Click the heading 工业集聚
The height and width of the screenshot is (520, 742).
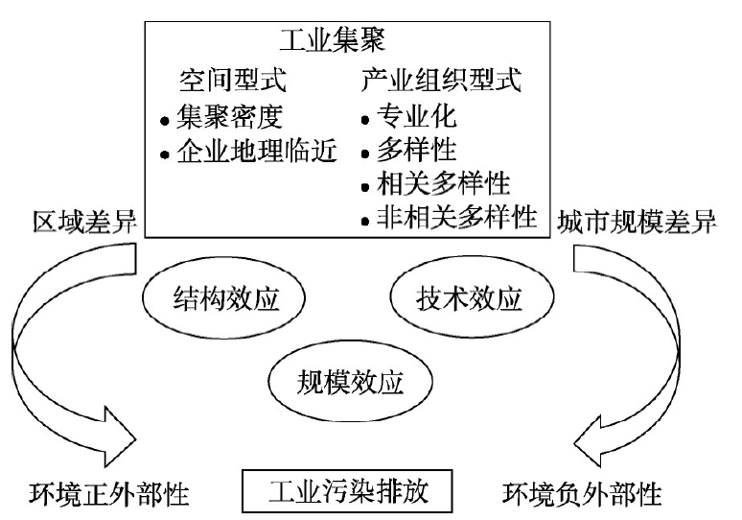point(333,39)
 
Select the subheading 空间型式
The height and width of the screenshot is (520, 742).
point(233,80)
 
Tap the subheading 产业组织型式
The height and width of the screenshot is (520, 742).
point(441,80)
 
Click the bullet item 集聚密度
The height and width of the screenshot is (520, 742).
point(229,116)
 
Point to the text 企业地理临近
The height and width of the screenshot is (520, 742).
point(257,151)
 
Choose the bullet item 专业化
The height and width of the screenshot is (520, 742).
point(417,115)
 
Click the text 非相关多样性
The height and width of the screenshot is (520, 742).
point(457,217)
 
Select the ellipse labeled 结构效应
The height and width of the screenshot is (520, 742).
point(223,297)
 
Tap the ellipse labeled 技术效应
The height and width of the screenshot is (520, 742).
point(472,297)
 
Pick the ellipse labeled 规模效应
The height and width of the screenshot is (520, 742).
point(350,381)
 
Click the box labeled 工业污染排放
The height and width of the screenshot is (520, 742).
point(347,491)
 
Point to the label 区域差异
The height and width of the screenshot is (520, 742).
point(85,222)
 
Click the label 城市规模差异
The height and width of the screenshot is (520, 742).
point(637,222)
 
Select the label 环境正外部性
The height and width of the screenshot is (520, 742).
point(109,494)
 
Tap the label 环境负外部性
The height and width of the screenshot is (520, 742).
point(582,494)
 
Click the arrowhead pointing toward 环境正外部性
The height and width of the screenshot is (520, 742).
point(119,437)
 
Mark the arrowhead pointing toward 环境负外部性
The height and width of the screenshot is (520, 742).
point(589,441)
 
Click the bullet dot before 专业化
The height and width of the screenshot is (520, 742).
point(365,120)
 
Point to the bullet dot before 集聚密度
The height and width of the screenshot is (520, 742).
point(165,121)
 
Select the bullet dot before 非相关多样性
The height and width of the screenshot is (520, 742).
point(365,222)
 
